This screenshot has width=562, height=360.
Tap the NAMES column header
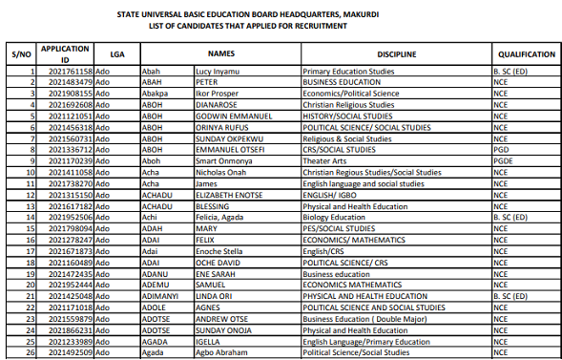coord(221,54)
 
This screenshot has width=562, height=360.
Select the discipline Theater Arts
coord(323,160)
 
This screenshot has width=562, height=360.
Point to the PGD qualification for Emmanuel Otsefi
coord(500,149)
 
